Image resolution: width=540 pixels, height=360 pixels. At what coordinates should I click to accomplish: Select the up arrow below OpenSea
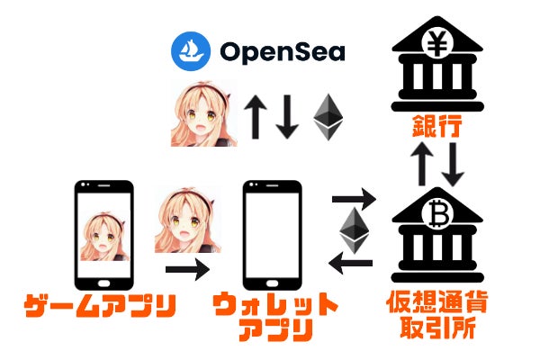tap(255, 117)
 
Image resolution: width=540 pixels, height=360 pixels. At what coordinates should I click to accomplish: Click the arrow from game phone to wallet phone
tap(187, 267)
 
